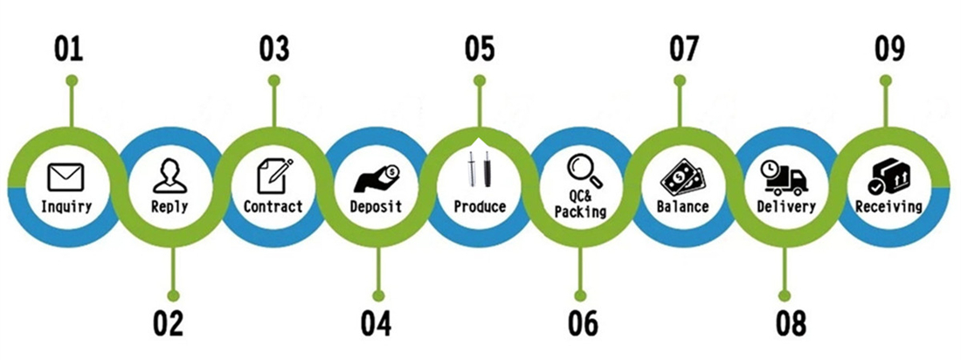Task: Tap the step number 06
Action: [x=582, y=322]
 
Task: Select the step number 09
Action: [x=888, y=49]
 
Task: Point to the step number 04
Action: [x=376, y=322]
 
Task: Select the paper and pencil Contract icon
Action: [x=273, y=178]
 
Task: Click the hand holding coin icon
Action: [x=377, y=179]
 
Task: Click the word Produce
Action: [x=480, y=208]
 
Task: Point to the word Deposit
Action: [x=376, y=208]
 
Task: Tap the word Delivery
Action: [x=786, y=208]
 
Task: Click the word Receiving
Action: [x=888, y=208]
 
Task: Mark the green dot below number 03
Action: [x=273, y=80]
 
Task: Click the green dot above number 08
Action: [x=785, y=295]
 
